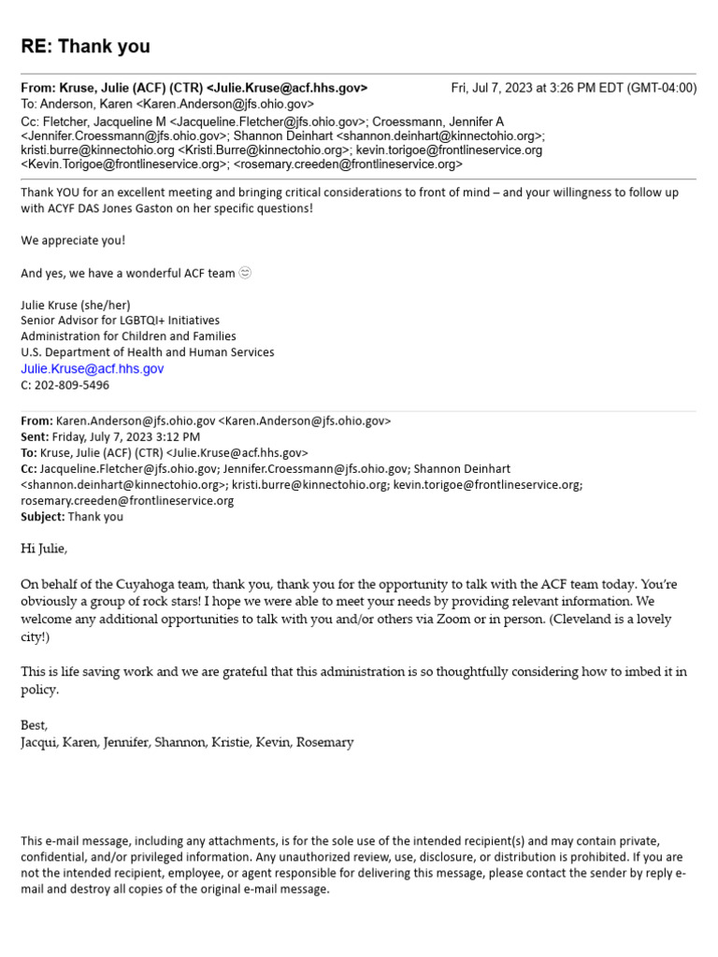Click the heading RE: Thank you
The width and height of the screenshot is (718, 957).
85,46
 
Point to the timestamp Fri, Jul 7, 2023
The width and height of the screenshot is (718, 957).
504,88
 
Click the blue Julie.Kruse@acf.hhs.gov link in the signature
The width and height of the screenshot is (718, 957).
92,369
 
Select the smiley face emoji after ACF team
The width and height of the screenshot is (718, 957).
245,273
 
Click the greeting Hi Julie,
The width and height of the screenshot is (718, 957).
44,549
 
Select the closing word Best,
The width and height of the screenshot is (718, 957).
34,725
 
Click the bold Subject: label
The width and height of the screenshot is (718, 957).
43,516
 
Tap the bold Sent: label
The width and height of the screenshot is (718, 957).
36,436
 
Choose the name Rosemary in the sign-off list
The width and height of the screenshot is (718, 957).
324,743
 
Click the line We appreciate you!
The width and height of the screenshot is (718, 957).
73,240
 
